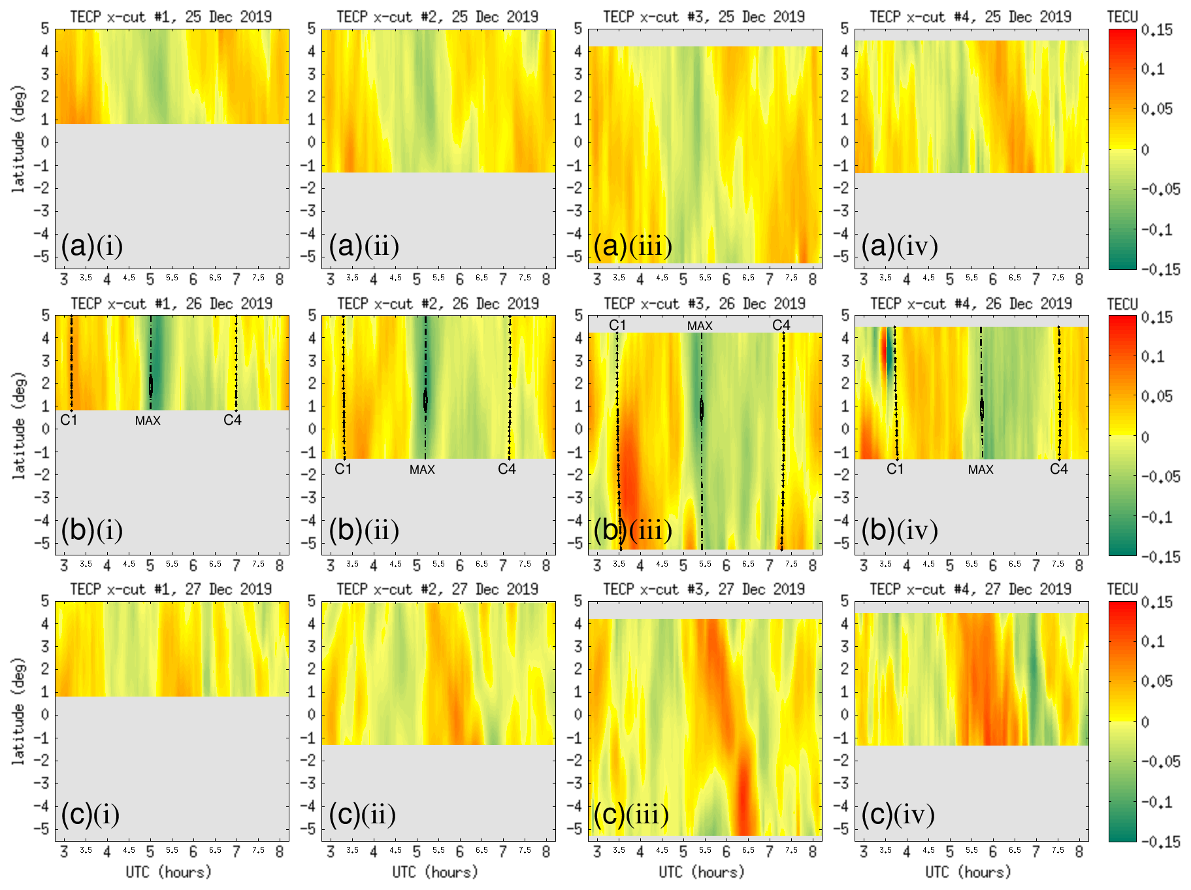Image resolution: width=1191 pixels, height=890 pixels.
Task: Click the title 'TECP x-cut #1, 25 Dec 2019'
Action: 171,17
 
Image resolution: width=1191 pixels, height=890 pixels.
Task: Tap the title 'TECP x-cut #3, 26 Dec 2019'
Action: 704,304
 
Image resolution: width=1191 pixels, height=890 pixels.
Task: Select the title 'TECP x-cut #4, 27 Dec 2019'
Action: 971,589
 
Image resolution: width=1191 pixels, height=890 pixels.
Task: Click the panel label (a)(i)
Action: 91,246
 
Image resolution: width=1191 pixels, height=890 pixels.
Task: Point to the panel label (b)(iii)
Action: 632,531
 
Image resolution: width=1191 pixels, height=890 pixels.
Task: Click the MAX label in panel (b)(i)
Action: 148,421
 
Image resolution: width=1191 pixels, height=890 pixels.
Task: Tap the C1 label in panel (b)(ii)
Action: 343,469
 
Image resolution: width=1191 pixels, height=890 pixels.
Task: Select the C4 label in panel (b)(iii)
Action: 781,325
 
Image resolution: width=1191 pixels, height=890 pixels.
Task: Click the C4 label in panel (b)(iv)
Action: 1058,469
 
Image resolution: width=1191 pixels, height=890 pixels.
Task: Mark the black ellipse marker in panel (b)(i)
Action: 151,385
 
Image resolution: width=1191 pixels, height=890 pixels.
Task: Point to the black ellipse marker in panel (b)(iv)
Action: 981,410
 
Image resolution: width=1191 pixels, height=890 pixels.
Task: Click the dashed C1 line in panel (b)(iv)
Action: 896,392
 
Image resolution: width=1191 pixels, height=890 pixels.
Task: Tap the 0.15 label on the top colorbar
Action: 1157,30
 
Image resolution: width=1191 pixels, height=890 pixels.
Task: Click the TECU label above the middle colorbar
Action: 1122,305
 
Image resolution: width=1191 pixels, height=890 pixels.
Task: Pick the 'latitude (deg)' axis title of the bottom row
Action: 18,712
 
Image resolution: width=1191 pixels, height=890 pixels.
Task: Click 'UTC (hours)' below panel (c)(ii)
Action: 435,872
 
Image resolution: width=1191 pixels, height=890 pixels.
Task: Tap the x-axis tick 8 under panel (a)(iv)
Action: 1079,280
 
